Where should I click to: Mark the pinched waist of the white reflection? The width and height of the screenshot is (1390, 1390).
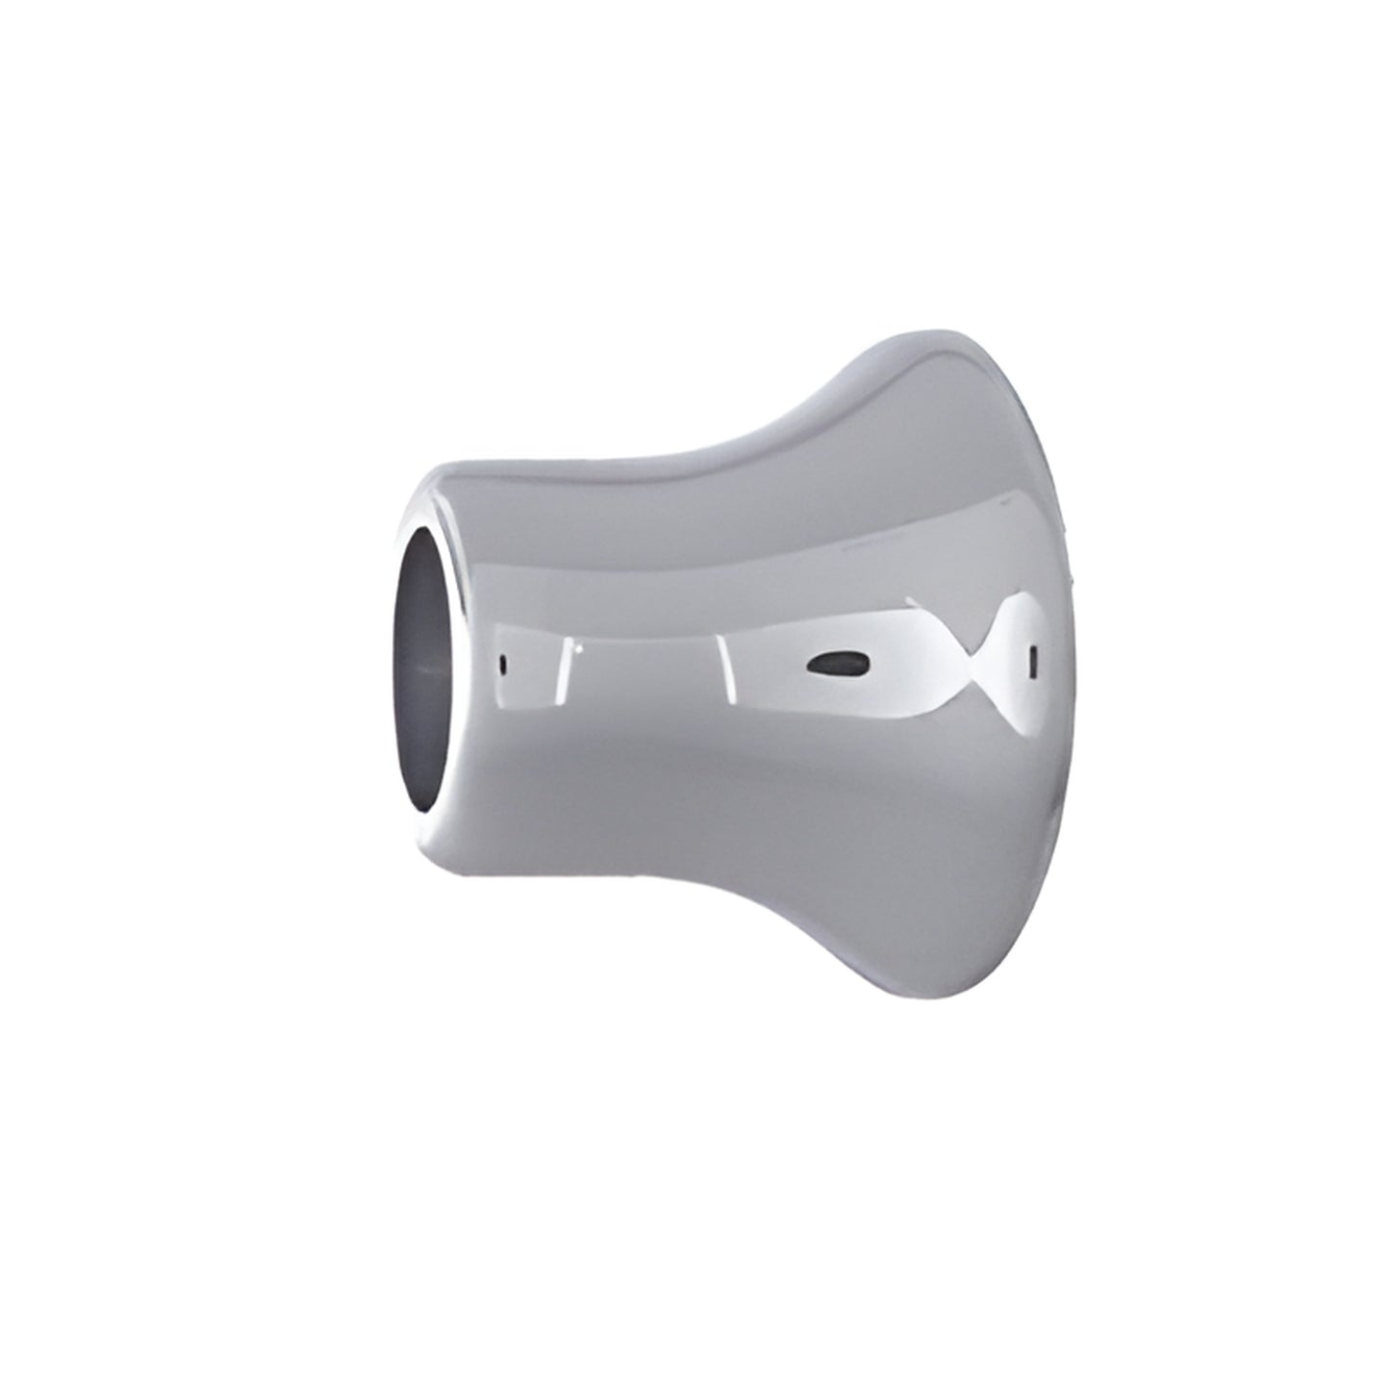[972, 664]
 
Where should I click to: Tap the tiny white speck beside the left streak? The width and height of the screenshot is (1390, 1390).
[578, 648]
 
